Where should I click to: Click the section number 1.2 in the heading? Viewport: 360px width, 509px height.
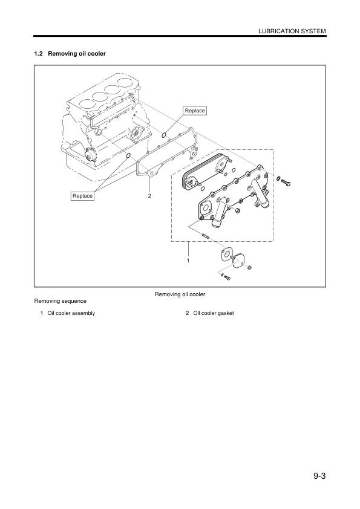[x=39, y=54]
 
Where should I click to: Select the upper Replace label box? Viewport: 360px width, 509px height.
[x=195, y=111]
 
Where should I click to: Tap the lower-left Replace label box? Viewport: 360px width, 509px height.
[x=82, y=196]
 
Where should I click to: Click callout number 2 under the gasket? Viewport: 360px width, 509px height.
[x=149, y=196]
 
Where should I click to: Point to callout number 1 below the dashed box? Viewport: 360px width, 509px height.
[x=188, y=259]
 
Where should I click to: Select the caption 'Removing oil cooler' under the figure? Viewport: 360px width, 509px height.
[x=180, y=294]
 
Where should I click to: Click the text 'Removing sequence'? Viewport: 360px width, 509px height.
[x=60, y=300]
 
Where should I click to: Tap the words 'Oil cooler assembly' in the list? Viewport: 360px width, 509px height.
[x=71, y=313]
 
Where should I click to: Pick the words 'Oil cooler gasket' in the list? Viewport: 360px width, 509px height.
[x=214, y=313]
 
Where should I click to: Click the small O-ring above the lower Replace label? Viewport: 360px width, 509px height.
[x=127, y=156]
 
